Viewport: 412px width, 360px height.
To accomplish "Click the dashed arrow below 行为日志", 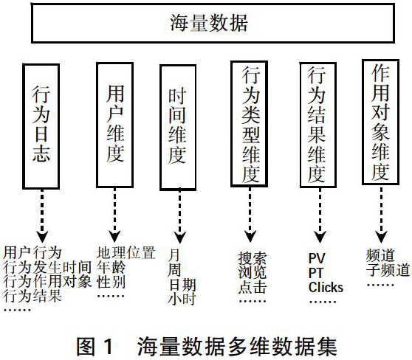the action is point(42,216).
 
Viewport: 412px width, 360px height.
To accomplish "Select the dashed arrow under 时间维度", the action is point(180,216).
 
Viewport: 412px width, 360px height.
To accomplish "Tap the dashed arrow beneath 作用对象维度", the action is point(381,214).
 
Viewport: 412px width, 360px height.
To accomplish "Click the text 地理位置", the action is point(126,252).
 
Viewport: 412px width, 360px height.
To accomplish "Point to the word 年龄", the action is point(111,268).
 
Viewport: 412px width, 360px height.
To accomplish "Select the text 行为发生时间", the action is point(47,268).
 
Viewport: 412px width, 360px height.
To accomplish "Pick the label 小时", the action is point(182,299).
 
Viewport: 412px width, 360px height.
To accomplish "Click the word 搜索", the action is point(253,258).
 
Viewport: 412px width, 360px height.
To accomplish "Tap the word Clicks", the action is point(326,287).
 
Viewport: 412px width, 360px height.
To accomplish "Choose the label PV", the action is point(317,258).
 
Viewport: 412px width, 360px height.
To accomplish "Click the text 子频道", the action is point(388,270).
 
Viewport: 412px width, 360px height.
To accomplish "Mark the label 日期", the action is point(182,285).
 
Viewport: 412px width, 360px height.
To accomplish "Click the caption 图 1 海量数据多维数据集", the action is point(207,347).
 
